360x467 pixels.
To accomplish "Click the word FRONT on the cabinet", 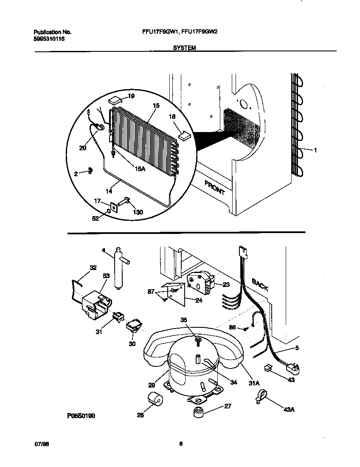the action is (215, 187).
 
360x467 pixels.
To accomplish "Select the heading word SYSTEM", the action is (184, 48).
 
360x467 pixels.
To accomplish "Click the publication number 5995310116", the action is (49, 39).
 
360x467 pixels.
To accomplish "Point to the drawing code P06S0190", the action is (80, 416).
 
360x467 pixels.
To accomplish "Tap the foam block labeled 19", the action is (115, 100).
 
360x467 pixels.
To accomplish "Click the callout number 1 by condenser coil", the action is (315, 150).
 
